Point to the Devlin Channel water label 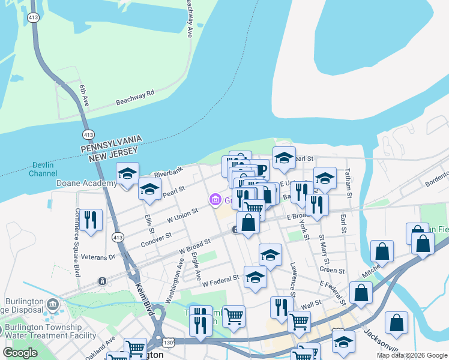tap(43, 168)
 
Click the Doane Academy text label tap(86, 183)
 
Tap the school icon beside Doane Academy tap(127, 174)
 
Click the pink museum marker tap(215, 200)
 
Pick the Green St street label tap(332, 271)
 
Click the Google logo tap(20, 353)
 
